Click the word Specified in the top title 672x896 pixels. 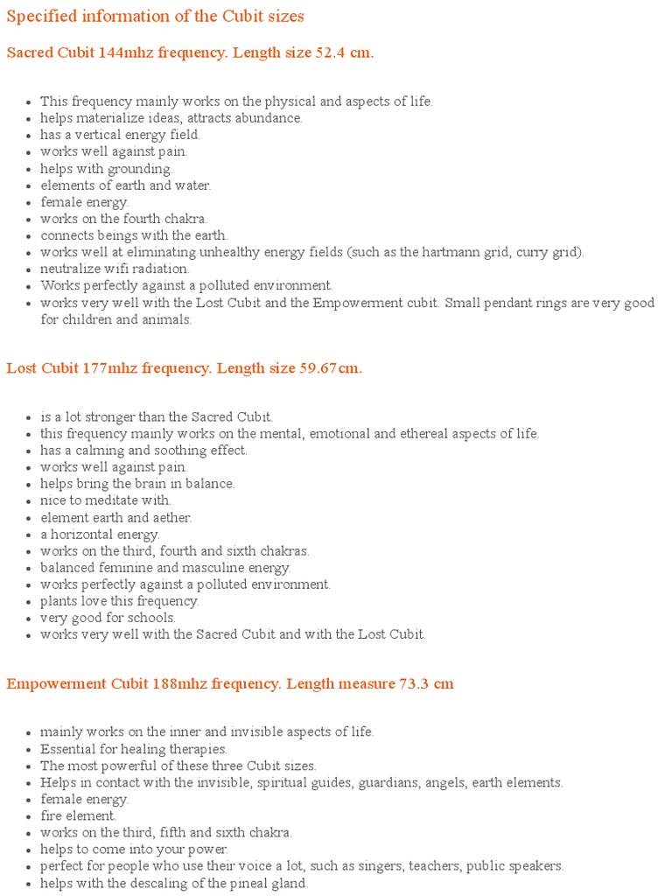click(38, 17)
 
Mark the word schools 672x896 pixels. click(151, 618)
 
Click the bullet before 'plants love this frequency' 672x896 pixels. click(29, 602)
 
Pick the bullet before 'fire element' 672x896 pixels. click(29, 816)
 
